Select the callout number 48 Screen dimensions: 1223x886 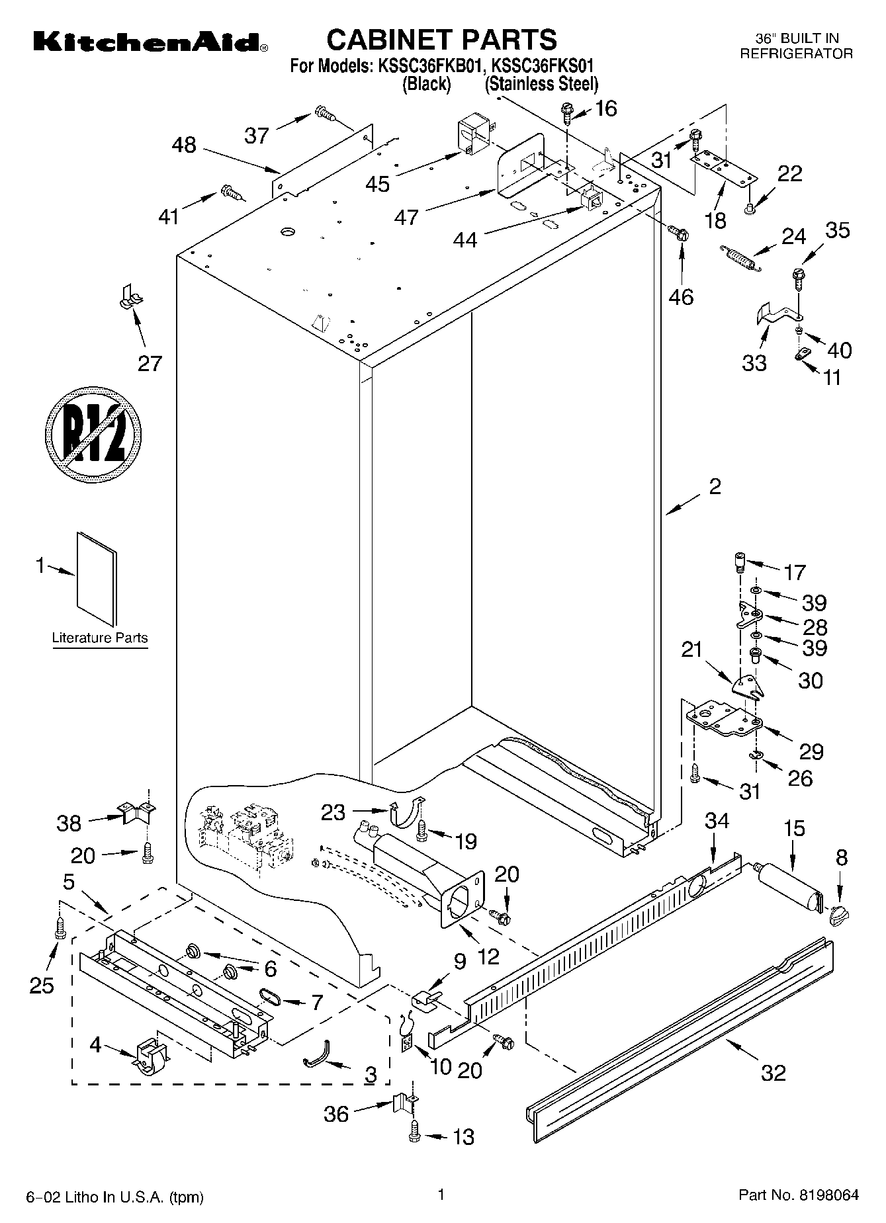pyautogui.click(x=184, y=145)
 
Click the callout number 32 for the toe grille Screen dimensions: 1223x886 pyautogui.click(x=772, y=1072)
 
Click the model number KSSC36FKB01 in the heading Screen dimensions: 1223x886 pyautogui.click(x=430, y=66)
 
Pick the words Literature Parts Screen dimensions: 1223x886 pyautogui.click(x=100, y=638)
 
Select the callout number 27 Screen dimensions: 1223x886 pyautogui.click(x=150, y=363)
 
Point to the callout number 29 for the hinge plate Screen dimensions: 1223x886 pyautogui.click(x=811, y=751)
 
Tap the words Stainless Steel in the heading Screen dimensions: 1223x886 pyautogui.click(x=541, y=85)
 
